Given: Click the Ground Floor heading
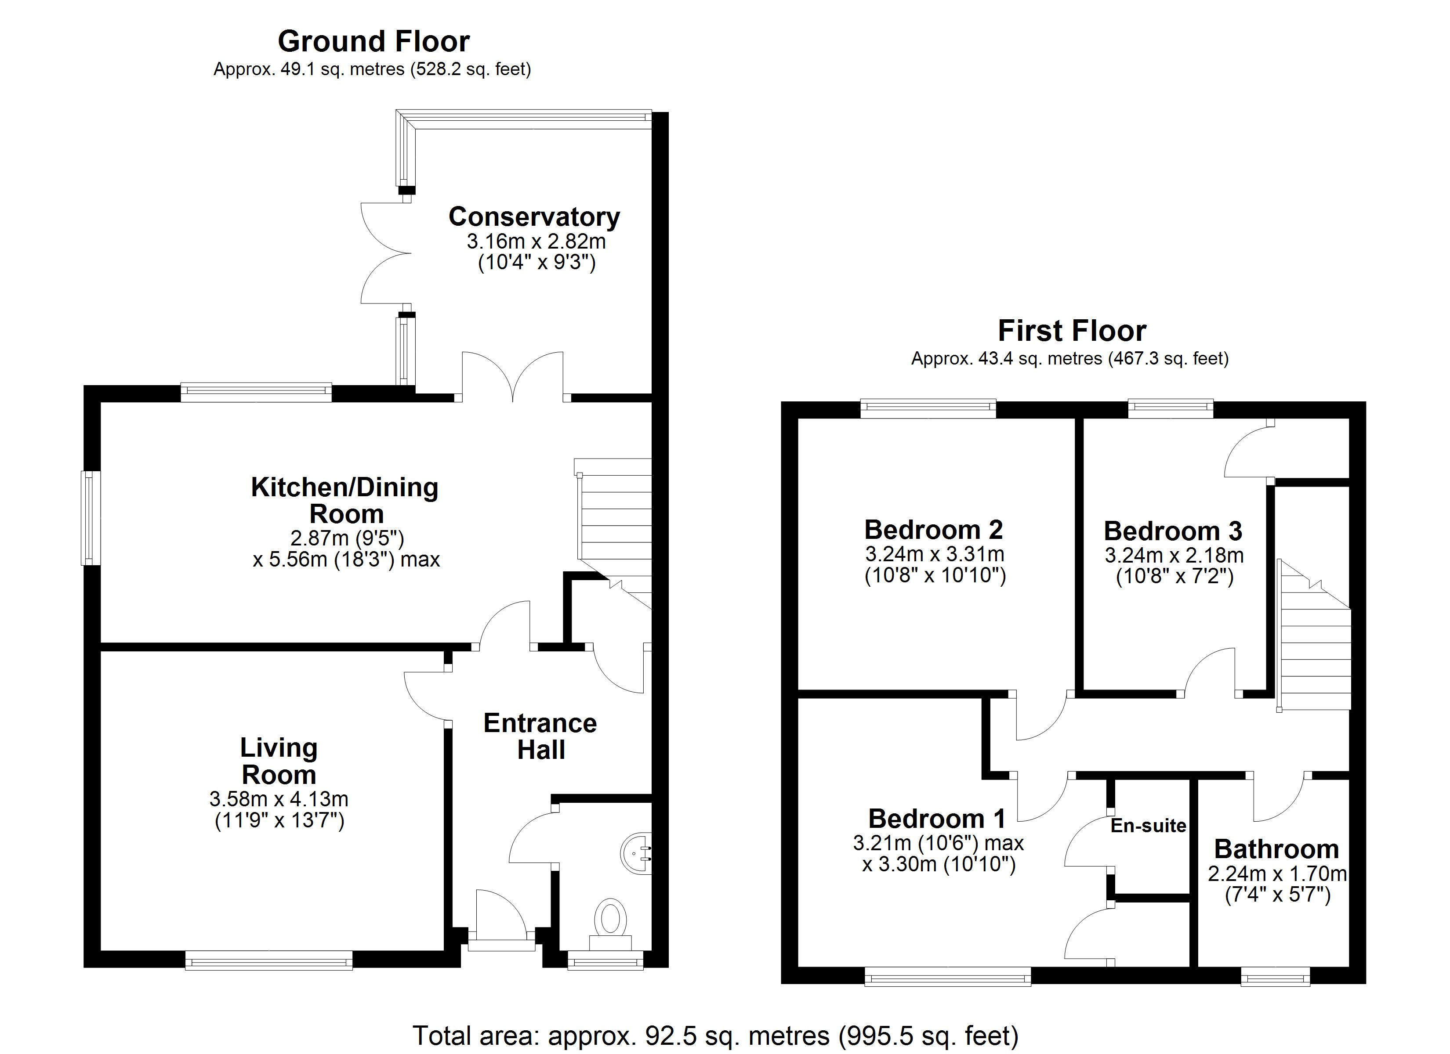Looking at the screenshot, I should [373, 42].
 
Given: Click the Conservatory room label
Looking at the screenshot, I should [534, 217].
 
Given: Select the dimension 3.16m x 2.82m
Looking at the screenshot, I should [536, 242].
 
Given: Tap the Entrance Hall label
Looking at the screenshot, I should [540, 736].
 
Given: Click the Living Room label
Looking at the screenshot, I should [279, 761].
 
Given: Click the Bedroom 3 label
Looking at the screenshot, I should [1173, 531].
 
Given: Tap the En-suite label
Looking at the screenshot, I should [1148, 826].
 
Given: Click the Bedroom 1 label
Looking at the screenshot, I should [937, 819].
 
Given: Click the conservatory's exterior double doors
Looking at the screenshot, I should [385, 254].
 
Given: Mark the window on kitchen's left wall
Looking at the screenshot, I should [91, 518].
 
